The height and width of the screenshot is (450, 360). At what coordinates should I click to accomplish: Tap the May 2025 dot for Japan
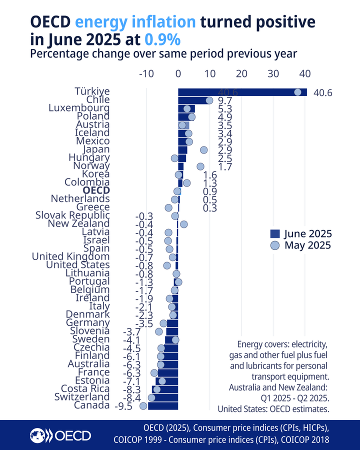tap(203, 149)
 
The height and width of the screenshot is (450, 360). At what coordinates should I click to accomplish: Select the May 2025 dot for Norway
tap(200, 166)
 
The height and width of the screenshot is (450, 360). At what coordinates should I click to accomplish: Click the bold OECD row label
tap(96, 190)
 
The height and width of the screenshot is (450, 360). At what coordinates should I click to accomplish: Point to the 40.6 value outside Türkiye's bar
tap(322, 93)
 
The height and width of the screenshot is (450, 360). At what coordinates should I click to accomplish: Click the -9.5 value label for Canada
tap(123, 406)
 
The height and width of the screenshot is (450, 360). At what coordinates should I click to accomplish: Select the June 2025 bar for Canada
tap(163, 405)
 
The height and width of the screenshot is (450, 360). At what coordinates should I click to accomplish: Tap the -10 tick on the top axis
tap(146, 73)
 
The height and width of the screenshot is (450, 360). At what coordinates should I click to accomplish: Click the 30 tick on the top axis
tap(273, 73)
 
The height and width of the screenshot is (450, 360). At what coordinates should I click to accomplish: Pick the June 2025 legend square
tap(274, 233)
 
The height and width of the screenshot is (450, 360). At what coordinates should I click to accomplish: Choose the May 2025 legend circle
tap(274, 245)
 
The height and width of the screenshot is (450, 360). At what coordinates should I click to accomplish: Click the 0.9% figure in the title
tap(162, 39)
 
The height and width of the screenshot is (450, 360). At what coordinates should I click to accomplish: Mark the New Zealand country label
tap(78, 223)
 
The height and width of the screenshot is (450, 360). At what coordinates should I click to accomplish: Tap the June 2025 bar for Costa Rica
tap(165, 389)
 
